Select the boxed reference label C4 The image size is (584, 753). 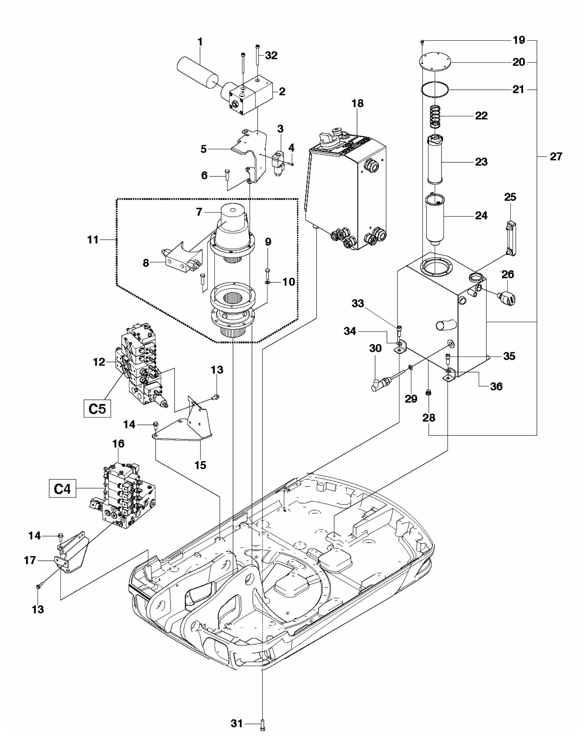tap(62, 489)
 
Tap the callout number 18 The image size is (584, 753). tap(357, 103)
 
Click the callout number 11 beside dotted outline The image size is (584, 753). tap(93, 240)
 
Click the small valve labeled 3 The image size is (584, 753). tap(279, 163)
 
